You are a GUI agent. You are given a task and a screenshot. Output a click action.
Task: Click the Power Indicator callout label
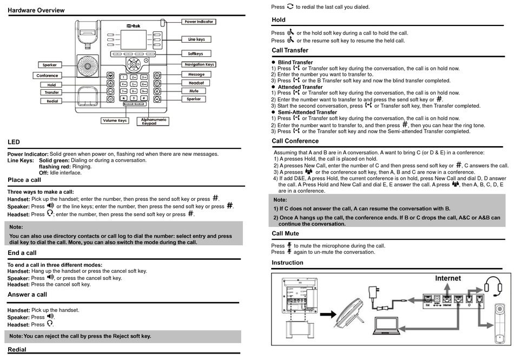[199, 22]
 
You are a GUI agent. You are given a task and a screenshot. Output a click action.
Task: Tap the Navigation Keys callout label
[199, 64]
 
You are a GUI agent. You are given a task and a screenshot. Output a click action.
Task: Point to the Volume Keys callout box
[114, 120]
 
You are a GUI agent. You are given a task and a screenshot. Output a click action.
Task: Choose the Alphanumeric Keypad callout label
[154, 121]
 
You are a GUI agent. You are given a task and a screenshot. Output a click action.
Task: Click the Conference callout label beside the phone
[48, 75]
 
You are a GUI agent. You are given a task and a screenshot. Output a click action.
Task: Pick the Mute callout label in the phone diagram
[194, 91]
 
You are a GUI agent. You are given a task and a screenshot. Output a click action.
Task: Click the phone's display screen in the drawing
[133, 38]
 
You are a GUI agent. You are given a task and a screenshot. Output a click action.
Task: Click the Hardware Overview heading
[36, 10]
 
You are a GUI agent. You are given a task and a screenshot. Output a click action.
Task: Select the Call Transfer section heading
[290, 50]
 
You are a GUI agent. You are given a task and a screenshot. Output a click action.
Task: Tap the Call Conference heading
[295, 141]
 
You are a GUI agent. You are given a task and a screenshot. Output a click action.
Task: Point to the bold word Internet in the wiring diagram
[448, 278]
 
